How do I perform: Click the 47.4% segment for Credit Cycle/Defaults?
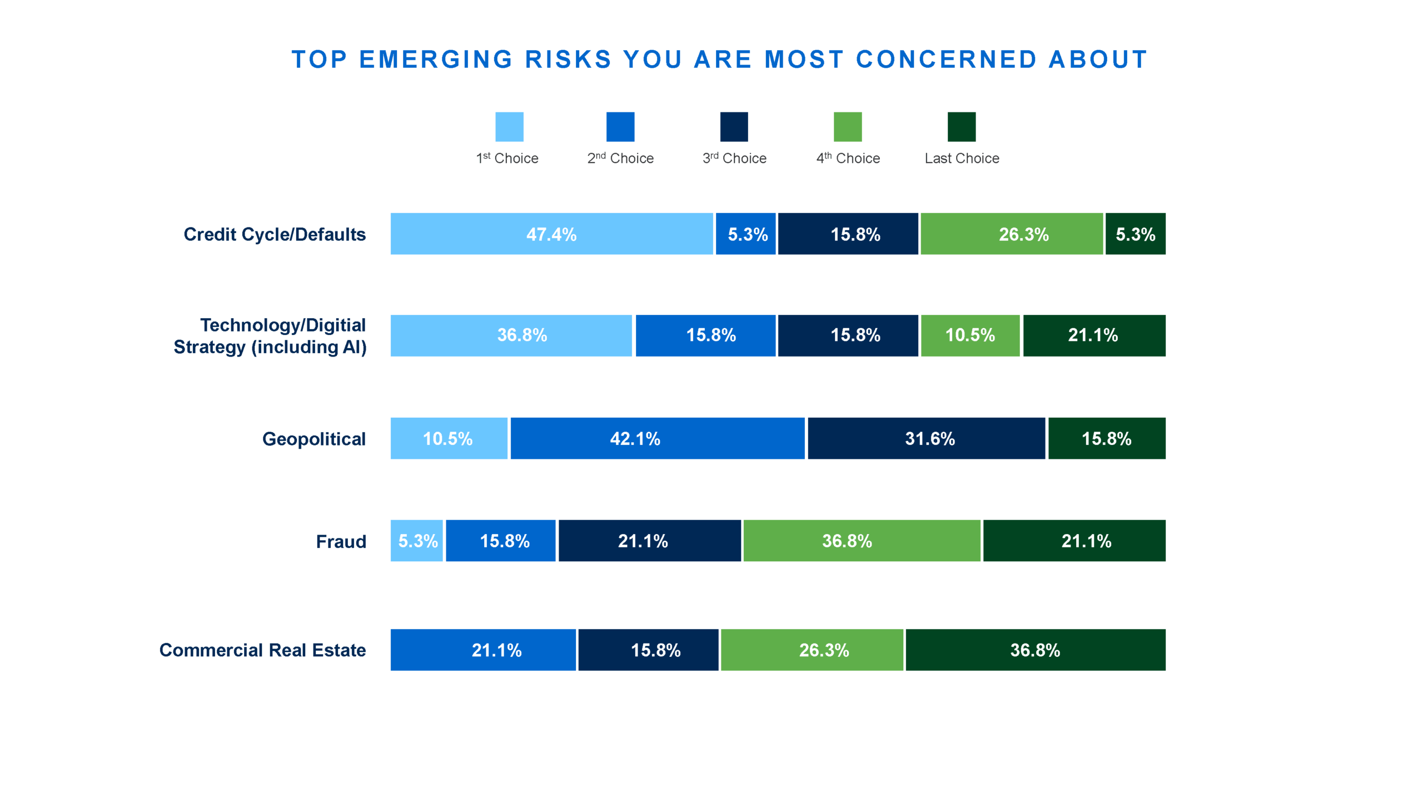[551, 234]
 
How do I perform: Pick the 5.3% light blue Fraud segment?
[417, 541]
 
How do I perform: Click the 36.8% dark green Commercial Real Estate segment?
[1035, 650]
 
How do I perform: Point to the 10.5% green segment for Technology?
[970, 335]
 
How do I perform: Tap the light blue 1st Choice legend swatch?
[509, 127]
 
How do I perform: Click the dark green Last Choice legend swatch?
[961, 127]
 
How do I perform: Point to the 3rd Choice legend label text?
[734, 159]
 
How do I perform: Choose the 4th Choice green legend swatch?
[847, 127]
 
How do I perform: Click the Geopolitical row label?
[314, 439]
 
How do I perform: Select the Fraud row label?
[341, 541]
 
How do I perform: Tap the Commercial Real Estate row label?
[262, 650]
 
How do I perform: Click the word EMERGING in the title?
[436, 60]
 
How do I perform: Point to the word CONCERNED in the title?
[946, 60]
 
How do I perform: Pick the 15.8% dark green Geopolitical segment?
[1107, 438]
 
